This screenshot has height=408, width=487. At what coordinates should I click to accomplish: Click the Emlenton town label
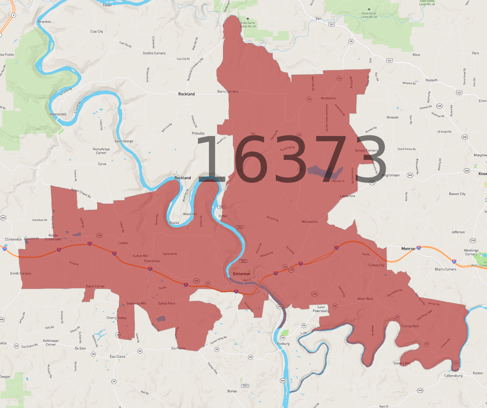[x=241, y=274]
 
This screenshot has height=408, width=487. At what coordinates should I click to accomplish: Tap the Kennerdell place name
[x=58, y=114]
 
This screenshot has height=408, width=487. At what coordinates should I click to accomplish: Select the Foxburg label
[x=283, y=344]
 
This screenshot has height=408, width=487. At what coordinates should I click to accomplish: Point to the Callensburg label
[x=453, y=376]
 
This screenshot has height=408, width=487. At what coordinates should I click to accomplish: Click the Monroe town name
[x=408, y=249]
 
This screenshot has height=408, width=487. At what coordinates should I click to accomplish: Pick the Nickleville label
[x=328, y=98]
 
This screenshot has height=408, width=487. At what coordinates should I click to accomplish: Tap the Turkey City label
[x=376, y=265]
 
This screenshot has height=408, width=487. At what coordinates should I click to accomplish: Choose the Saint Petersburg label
[x=321, y=309]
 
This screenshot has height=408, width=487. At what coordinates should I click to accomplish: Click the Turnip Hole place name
[x=410, y=326]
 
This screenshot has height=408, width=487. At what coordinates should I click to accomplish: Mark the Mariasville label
[x=310, y=222]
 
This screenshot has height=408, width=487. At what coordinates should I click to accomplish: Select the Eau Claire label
[x=118, y=357]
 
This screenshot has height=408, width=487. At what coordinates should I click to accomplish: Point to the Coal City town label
[x=97, y=32]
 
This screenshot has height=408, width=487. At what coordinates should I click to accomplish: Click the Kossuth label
[x=432, y=80]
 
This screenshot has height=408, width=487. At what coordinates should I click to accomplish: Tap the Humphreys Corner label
[x=101, y=151]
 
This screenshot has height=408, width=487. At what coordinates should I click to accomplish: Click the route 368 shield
[x=420, y=390]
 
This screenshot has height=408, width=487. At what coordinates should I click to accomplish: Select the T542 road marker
[x=245, y=386]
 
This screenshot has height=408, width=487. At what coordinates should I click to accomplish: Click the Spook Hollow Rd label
[x=407, y=149]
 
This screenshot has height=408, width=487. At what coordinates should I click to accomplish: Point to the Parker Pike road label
[x=213, y=368]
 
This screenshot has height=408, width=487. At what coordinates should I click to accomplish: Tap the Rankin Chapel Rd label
[x=81, y=193]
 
